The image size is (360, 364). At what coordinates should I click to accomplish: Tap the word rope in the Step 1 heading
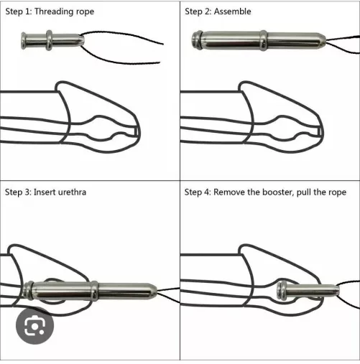click(x=84, y=12)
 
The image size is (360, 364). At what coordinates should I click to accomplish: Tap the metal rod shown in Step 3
click(x=86, y=291)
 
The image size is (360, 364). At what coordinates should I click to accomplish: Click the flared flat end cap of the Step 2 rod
click(x=197, y=39)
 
